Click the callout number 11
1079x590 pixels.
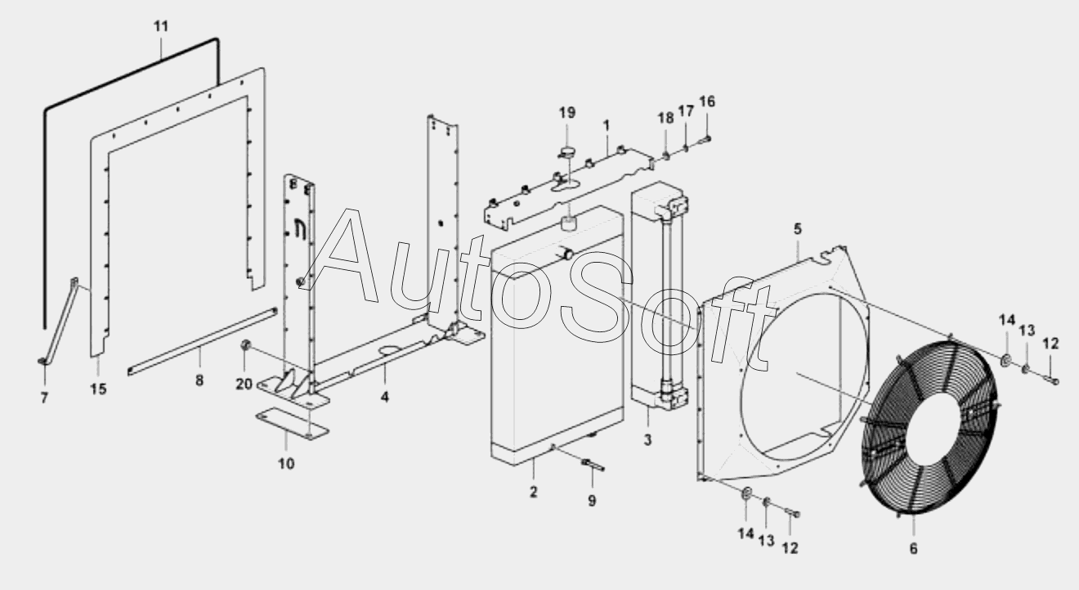pos(161,26)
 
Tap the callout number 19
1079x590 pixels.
pos(567,113)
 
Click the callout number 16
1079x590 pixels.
pos(707,101)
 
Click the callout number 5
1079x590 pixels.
pos(798,230)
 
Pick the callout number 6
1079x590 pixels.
pos(913,549)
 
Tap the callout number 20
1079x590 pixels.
pos(244,385)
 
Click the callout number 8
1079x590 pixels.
pos(200,380)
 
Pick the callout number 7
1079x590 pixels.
pos(44,398)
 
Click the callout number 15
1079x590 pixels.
pos(98,389)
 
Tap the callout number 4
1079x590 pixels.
pos(384,398)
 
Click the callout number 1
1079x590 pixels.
pos(607,125)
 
